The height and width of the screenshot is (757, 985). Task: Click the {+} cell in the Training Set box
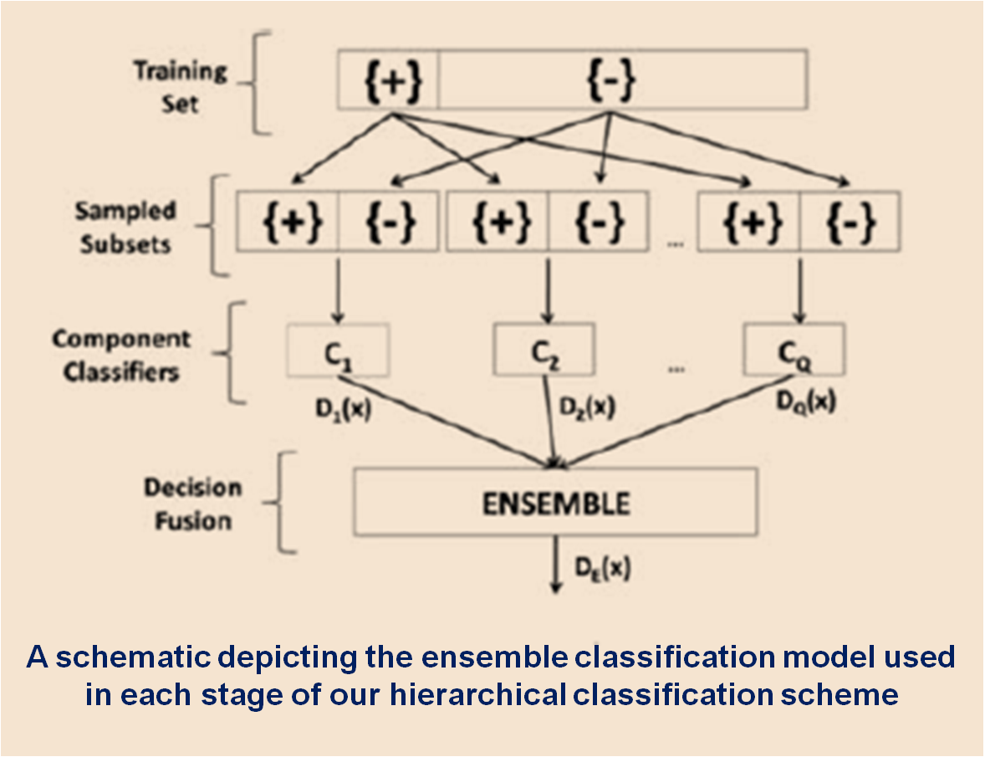click(x=388, y=79)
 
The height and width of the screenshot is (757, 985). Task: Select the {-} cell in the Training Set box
click(x=623, y=79)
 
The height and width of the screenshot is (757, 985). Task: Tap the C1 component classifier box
click(x=338, y=350)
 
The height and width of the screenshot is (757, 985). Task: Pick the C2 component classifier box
click(x=544, y=350)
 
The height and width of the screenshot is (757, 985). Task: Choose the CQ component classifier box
click(x=794, y=350)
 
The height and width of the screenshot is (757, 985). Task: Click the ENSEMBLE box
click(x=555, y=502)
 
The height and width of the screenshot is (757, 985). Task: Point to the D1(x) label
click(x=343, y=410)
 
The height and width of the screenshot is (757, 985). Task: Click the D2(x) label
click(x=587, y=408)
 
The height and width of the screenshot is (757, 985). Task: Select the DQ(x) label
click(x=806, y=402)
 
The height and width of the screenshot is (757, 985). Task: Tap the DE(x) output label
click(x=602, y=568)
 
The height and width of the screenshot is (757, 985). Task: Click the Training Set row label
click(x=181, y=87)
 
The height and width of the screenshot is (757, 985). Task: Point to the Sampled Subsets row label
click(x=125, y=227)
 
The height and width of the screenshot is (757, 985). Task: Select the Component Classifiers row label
click(x=121, y=355)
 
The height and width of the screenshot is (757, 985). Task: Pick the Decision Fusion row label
click(x=193, y=504)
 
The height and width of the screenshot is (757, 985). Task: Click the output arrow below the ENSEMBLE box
click(x=555, y=564)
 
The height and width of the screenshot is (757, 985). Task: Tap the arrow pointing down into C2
click(x=549, y=291)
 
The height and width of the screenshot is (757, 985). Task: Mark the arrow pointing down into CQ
click(x=799, y=291)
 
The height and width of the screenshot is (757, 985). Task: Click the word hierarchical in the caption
click(x=477, y=695)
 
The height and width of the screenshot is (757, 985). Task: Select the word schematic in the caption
click(x=133, y=657)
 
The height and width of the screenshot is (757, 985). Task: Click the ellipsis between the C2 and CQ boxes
click(x=676, y=370)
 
